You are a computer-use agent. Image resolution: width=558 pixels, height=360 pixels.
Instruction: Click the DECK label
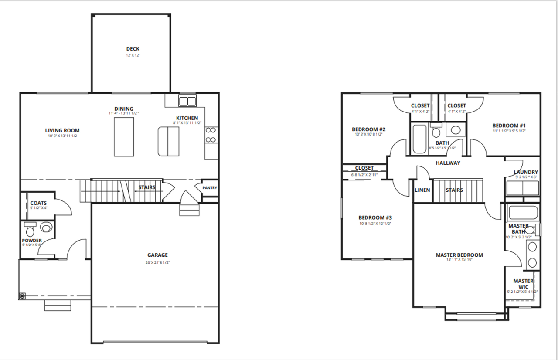pos(133,49)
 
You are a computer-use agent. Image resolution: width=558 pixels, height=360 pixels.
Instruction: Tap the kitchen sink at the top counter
pos(188,101)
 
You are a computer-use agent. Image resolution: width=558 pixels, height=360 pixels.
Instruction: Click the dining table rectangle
pos(124,136)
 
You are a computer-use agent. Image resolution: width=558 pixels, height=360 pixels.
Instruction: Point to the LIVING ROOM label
pos(62,130)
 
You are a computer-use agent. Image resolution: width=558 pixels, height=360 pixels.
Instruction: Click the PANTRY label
pos(210,188)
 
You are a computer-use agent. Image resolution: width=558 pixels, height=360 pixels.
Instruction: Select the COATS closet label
pos(38,203)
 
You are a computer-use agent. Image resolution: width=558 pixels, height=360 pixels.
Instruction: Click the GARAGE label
pos(157,255)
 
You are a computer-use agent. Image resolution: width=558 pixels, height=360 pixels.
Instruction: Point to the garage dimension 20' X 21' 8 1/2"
pos(157,263)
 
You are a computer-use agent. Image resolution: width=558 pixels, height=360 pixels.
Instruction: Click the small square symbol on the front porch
pos(22,295)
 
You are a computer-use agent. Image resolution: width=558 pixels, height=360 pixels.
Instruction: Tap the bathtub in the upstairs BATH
pos(420,139)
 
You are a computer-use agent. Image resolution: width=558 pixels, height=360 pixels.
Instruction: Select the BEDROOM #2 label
pos(368,129)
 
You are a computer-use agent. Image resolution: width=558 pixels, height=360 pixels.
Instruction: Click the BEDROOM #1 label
pos(509,125)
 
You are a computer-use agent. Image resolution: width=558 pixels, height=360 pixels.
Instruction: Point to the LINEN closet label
pos(422,190)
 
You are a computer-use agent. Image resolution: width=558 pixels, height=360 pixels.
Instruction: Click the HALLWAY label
pos(448,163)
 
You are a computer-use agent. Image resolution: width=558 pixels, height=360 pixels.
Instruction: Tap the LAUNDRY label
pos(526,172)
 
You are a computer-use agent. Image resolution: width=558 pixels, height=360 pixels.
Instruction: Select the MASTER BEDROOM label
pos(459,255)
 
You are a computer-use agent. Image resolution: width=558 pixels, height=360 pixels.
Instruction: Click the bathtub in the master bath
pos(524,213)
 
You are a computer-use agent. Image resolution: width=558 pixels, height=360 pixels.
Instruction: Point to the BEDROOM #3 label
pos(375,217)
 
